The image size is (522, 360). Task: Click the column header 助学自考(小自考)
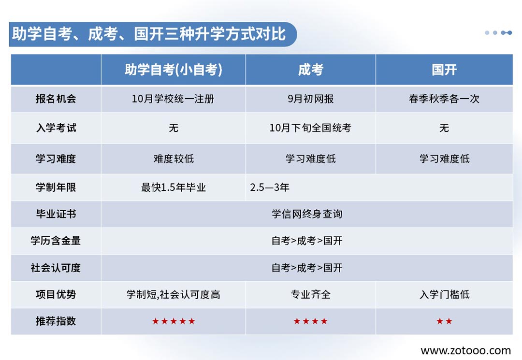pos(173,70)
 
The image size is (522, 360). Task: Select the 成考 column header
pos(311,70)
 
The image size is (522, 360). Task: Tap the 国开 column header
pos(444,70)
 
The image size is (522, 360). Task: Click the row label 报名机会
pos(56,99)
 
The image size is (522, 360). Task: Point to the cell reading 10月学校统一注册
pos(173,99)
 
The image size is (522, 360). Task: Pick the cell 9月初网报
pos(311,99)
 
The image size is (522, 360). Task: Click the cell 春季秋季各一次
pos(444,99)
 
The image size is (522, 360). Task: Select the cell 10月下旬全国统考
pos(311,128)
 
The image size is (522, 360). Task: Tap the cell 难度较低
pos(174,158)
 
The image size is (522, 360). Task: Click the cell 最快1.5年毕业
pos(174,187)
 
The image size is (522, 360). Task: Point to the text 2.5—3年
pos(270,187)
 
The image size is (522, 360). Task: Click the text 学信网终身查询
pos(307,214)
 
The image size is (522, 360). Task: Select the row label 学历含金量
pos(56,241)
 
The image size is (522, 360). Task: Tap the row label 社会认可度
pos(56,268)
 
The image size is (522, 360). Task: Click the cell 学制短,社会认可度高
pos(174,294)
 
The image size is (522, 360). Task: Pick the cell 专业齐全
pos(311,294)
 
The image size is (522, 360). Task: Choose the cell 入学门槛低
pos(445,294)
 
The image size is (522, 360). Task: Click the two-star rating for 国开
pos(445,321)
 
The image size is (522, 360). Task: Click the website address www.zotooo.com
pos(466,350)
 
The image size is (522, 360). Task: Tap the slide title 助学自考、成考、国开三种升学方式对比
pos(149,34)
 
